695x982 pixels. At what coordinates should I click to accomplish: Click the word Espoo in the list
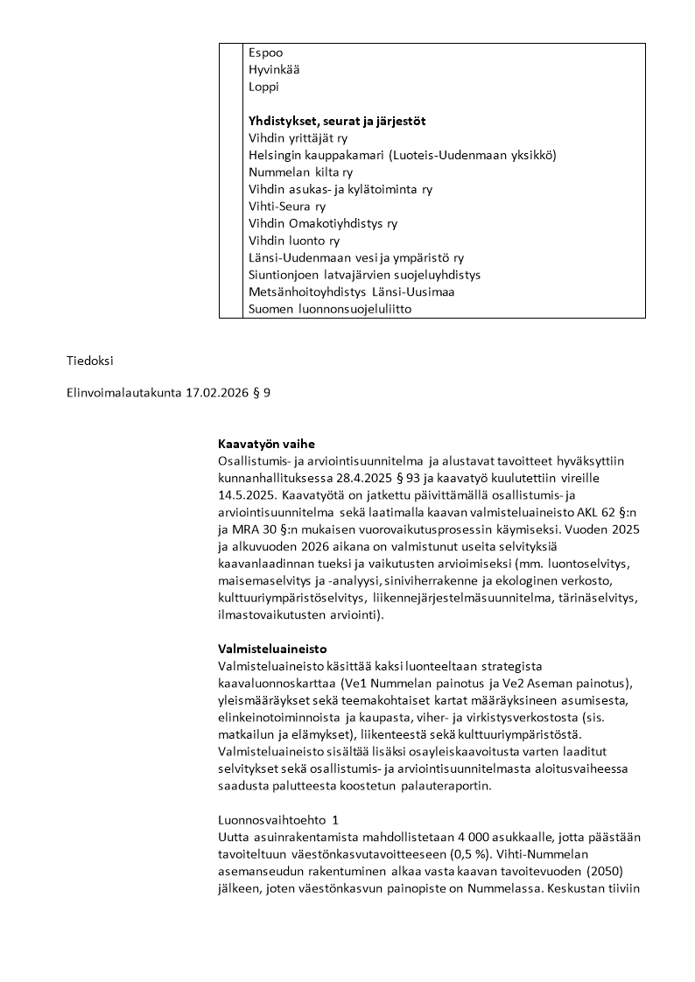click(265, 53)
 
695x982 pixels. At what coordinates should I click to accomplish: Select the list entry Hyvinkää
click(274, 69)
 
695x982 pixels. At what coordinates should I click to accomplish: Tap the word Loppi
click(264, 87)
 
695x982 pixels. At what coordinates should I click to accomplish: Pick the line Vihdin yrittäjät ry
click(298, 138)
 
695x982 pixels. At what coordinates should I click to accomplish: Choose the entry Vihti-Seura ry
click(287, 207)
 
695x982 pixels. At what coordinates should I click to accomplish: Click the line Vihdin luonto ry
click(294, 241)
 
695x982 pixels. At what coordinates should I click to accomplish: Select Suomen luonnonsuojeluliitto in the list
click(330, 309)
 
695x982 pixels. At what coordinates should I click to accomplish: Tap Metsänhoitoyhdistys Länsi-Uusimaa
click(351, 291)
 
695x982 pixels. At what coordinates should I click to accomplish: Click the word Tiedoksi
click(90, 361)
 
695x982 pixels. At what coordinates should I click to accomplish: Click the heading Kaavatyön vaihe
click(266, 444)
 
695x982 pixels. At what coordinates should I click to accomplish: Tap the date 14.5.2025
click(246, 495)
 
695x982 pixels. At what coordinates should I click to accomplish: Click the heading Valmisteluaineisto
click(272, 649)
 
